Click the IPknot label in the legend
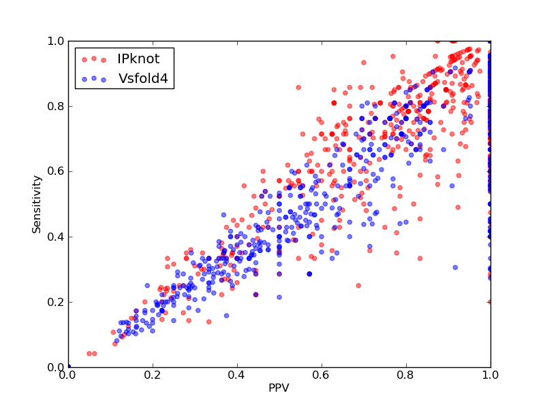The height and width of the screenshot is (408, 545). tap(138, 59)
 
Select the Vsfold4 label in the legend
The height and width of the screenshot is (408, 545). tap(143, 79)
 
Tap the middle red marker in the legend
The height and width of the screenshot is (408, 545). tap(94, 58)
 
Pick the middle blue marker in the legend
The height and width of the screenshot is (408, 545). tap(94, 78)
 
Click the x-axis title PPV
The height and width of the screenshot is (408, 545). tap(279, 388)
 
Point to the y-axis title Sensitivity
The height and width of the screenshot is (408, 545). tap(37, 205)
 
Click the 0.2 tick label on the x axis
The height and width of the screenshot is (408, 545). tap(153, 375)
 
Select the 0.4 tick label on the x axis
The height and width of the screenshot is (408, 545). tap(237, 375)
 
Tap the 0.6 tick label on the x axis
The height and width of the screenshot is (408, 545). tap(322, 375)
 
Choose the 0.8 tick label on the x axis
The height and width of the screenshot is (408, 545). tap(406, 375)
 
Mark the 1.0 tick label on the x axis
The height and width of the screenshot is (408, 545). tap(490, 375)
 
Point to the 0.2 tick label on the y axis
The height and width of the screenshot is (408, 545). tap(56, 302)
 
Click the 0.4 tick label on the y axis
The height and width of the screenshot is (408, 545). tap(56, 237)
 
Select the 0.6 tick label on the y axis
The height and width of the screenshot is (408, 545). tap(56, 172)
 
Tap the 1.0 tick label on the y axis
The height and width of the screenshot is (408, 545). tap(56, 41)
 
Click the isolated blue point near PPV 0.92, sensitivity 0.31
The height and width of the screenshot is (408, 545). tap(455, 267)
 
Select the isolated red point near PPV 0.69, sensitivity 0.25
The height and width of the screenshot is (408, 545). tap(358, 286)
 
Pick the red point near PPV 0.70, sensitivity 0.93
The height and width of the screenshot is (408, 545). tap(364, 63)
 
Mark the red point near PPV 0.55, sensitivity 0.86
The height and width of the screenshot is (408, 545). tap(298, 88)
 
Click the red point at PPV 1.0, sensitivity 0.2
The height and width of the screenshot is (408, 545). tap(490, 302)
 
